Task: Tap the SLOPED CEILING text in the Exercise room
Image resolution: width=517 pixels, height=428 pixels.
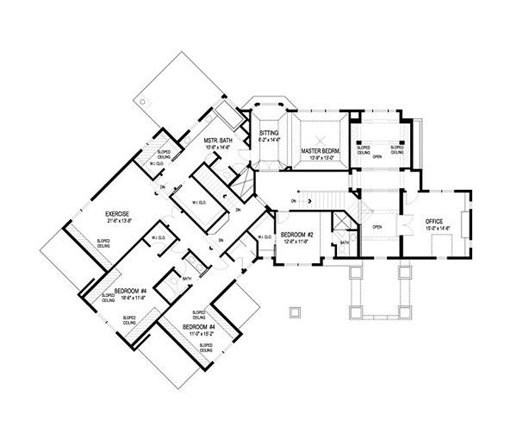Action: pyautogui.click(x=102, y=244)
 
